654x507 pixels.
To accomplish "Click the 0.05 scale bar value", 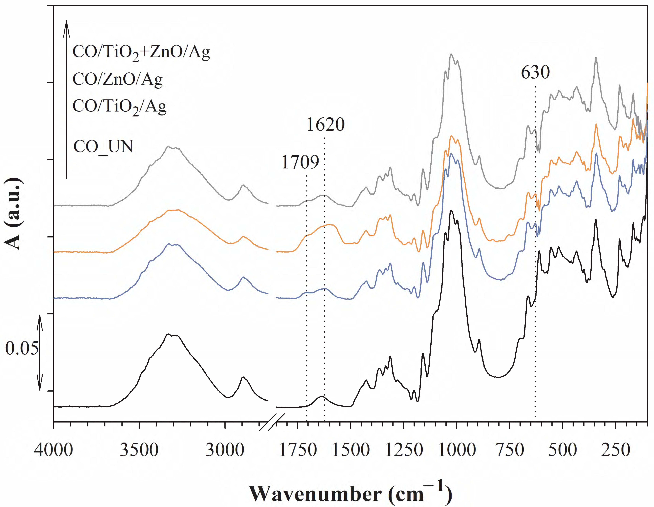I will click(22, 348).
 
